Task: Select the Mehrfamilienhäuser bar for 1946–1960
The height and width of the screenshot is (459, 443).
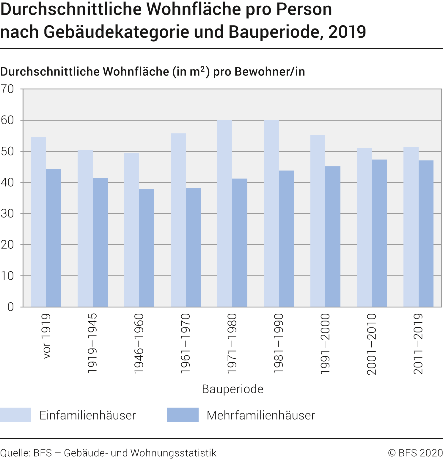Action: pos(147,248)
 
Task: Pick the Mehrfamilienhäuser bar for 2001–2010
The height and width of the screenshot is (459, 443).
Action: pos(379,233)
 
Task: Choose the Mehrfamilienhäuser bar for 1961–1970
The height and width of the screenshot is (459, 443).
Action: pos(193,247)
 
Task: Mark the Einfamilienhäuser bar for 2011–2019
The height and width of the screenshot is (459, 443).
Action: pos(411,227)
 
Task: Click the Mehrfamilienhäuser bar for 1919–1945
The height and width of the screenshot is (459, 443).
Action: pos(100,242)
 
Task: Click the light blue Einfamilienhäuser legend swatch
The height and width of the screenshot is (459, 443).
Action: pos(15,415)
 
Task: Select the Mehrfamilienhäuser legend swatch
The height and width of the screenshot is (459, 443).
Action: pos(183,415)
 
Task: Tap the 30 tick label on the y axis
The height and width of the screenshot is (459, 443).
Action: pos(7,214)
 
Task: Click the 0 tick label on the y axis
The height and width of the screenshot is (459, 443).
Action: pos(11,307)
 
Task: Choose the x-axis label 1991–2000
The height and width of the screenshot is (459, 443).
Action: pos(325,344)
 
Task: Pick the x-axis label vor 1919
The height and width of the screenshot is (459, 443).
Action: pos(46,336)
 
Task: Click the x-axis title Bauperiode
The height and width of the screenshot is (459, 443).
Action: pos(233,389)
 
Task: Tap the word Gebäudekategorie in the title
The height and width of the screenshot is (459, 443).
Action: pos(116,32)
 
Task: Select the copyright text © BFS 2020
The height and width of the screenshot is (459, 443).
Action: pos(415,453)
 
